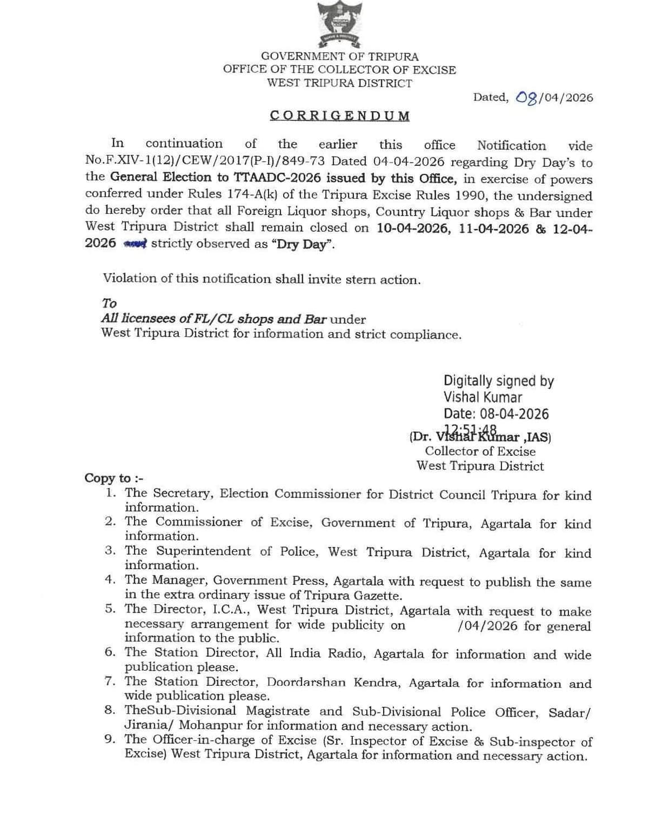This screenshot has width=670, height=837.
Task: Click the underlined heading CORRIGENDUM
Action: point(339,116)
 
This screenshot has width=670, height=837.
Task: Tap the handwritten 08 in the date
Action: point(527,98)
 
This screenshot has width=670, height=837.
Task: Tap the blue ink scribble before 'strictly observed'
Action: point(135,243)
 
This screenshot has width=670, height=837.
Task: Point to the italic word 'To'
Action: point(109,303)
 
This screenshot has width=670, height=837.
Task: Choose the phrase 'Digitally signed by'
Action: point(499,381)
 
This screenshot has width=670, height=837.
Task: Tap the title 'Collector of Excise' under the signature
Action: point(480,451)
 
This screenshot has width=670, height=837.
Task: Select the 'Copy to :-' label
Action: point(114,478)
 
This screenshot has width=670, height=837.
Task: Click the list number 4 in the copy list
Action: point(110,579)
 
